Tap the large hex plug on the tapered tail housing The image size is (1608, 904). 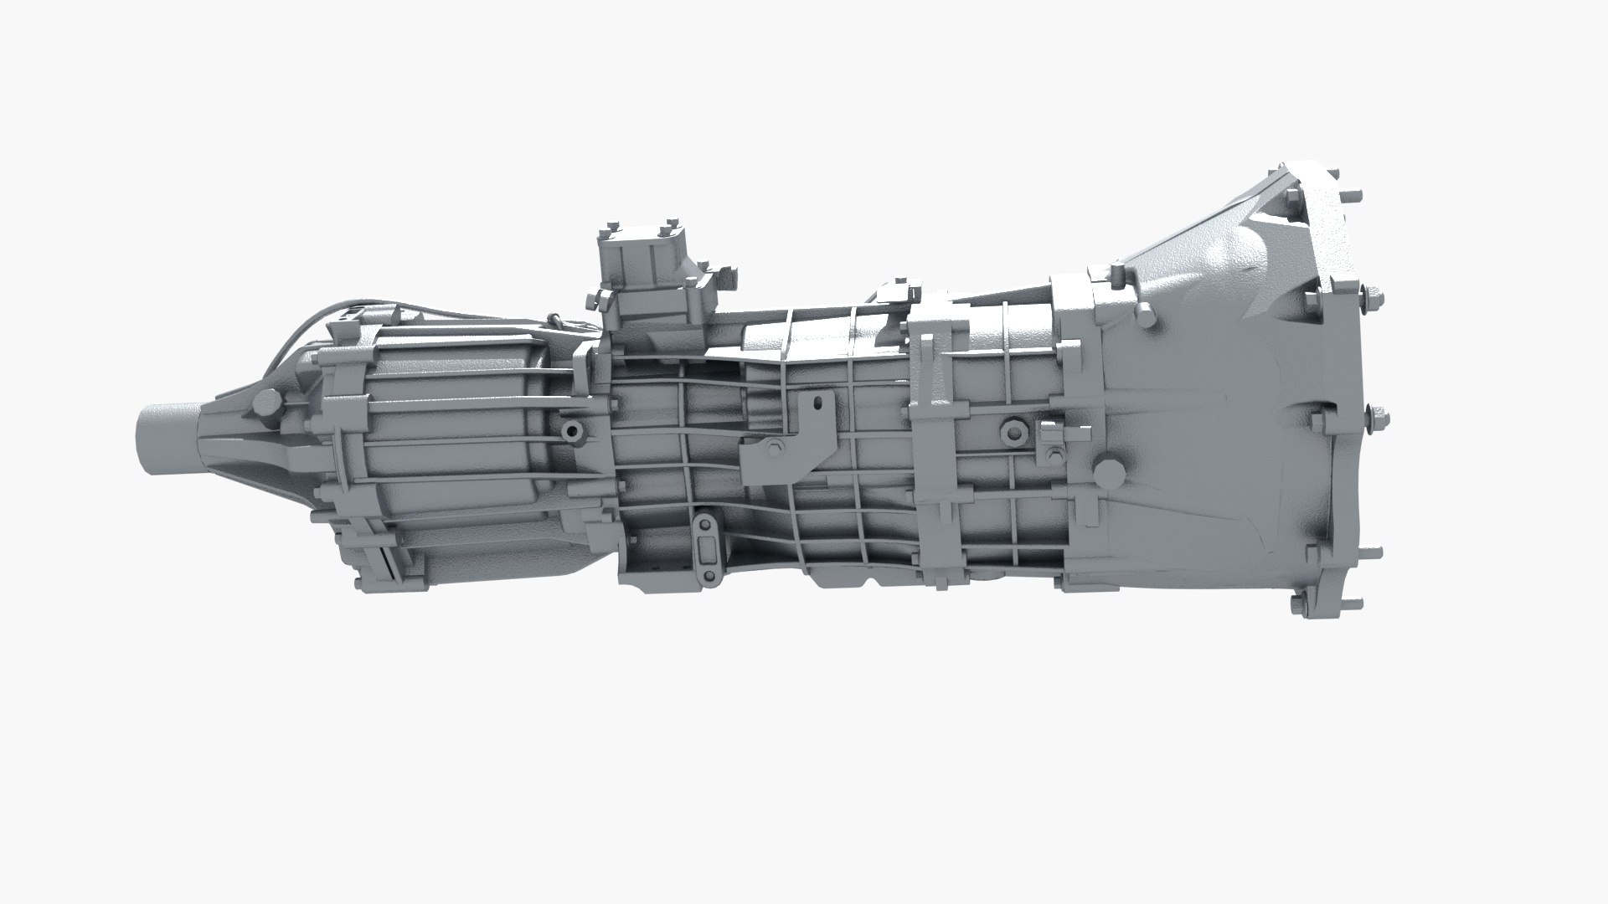[x=266, y=403]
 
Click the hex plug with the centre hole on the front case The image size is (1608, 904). [x=1012, y=430]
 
